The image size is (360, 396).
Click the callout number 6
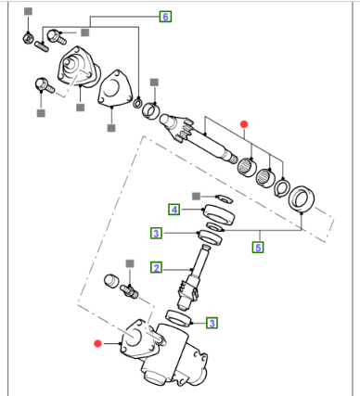click(x=165, y=17)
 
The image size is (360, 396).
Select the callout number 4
click(x=174, y=210)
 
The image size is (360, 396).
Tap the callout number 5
click(x=258, y=248)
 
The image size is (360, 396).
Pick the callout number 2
click(x=157, y=268)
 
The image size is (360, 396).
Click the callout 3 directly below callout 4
click(x=157, y=233)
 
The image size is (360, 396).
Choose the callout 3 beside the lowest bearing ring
click(x=212, y=324)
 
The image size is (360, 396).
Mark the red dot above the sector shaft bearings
click(x=244, y=124)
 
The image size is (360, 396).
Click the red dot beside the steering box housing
click(x=97, y=343)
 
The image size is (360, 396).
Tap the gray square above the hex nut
click(x=28, y=11)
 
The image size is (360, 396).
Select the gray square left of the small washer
click(x=196, y=196)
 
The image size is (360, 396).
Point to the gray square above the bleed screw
click(x=130, y=263)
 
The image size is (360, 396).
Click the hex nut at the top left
click(x=28, y=38)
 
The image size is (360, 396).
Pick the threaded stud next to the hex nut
click(x=42, y=46)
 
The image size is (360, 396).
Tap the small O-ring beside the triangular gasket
click(x=137, y=103)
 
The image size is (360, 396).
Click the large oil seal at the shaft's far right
click(x=302, y=199)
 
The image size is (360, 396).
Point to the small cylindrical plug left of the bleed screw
click(x=112, y=281)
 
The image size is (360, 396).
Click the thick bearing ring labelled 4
click(x=218, y=215)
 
